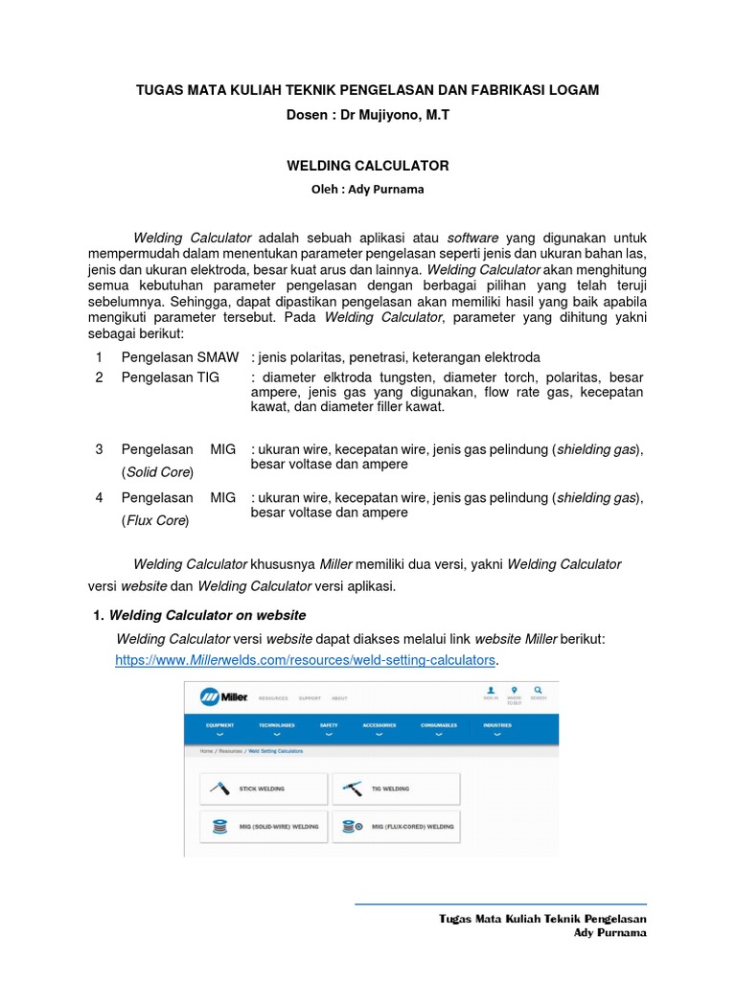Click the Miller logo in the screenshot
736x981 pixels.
coord(225,696)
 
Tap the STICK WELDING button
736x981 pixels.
coord(264,788)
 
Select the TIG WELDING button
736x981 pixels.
coord(396,788)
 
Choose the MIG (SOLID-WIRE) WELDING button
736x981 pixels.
coord(264,825)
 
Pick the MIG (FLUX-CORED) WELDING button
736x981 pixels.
coord(396,825)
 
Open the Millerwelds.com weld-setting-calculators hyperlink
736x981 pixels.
coord(306,660)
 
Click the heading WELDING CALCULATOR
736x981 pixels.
coord(367,166)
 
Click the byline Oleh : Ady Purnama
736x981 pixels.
coord(367,189)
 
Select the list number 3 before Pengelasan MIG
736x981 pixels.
coord(99,448)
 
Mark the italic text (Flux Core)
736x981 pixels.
coord(155,521)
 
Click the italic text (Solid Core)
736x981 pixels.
coord(157,472)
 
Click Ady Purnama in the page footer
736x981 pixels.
coord(609,932)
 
